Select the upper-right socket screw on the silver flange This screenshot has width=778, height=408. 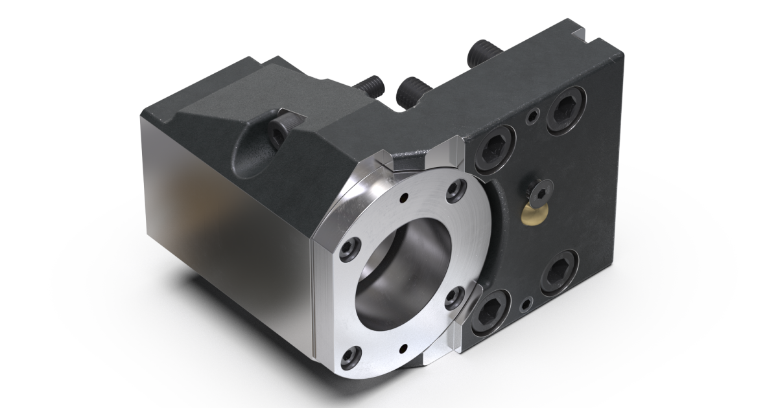click(x=459, y=188)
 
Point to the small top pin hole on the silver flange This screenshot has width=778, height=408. click(x=405, y=198)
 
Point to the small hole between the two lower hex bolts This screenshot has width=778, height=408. click(x=526, y=302)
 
